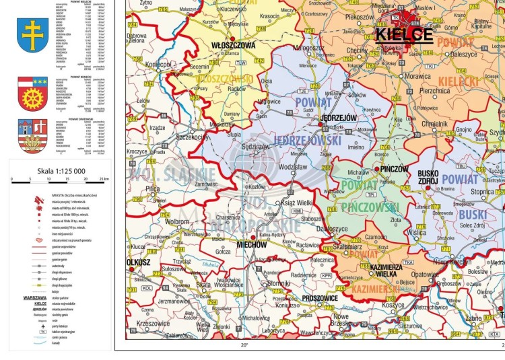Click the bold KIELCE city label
[x=403, y=35]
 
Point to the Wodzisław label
[x=292, y=166]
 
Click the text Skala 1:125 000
[x=58, y=171]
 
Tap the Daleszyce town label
[x=463, y=54]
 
